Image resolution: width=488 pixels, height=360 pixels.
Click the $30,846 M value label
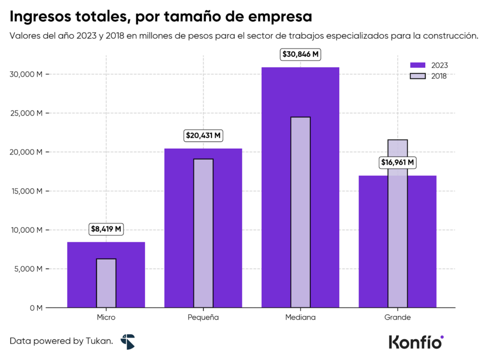pos(300,54)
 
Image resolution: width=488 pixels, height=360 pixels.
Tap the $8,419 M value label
pos(106,229)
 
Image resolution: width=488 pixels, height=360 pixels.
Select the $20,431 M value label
pos(203,135)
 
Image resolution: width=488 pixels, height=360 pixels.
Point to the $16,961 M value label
pos(397,163)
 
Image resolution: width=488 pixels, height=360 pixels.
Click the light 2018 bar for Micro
pos(106,283)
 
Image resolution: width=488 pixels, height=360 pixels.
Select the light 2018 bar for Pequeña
pos(203,233)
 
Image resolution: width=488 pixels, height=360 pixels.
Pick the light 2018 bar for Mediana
pos(300,212)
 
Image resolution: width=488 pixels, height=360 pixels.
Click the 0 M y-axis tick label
pos(35,308)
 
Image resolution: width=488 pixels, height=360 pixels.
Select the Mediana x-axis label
pos(300,317)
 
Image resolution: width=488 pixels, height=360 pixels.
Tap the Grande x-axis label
pos(397,317)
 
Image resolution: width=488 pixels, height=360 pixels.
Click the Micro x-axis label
pos(106,317)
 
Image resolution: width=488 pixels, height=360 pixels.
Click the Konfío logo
pos(416,341)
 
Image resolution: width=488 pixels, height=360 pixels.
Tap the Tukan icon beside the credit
pos(128,341)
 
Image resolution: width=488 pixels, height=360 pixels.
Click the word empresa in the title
pos(280,17)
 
